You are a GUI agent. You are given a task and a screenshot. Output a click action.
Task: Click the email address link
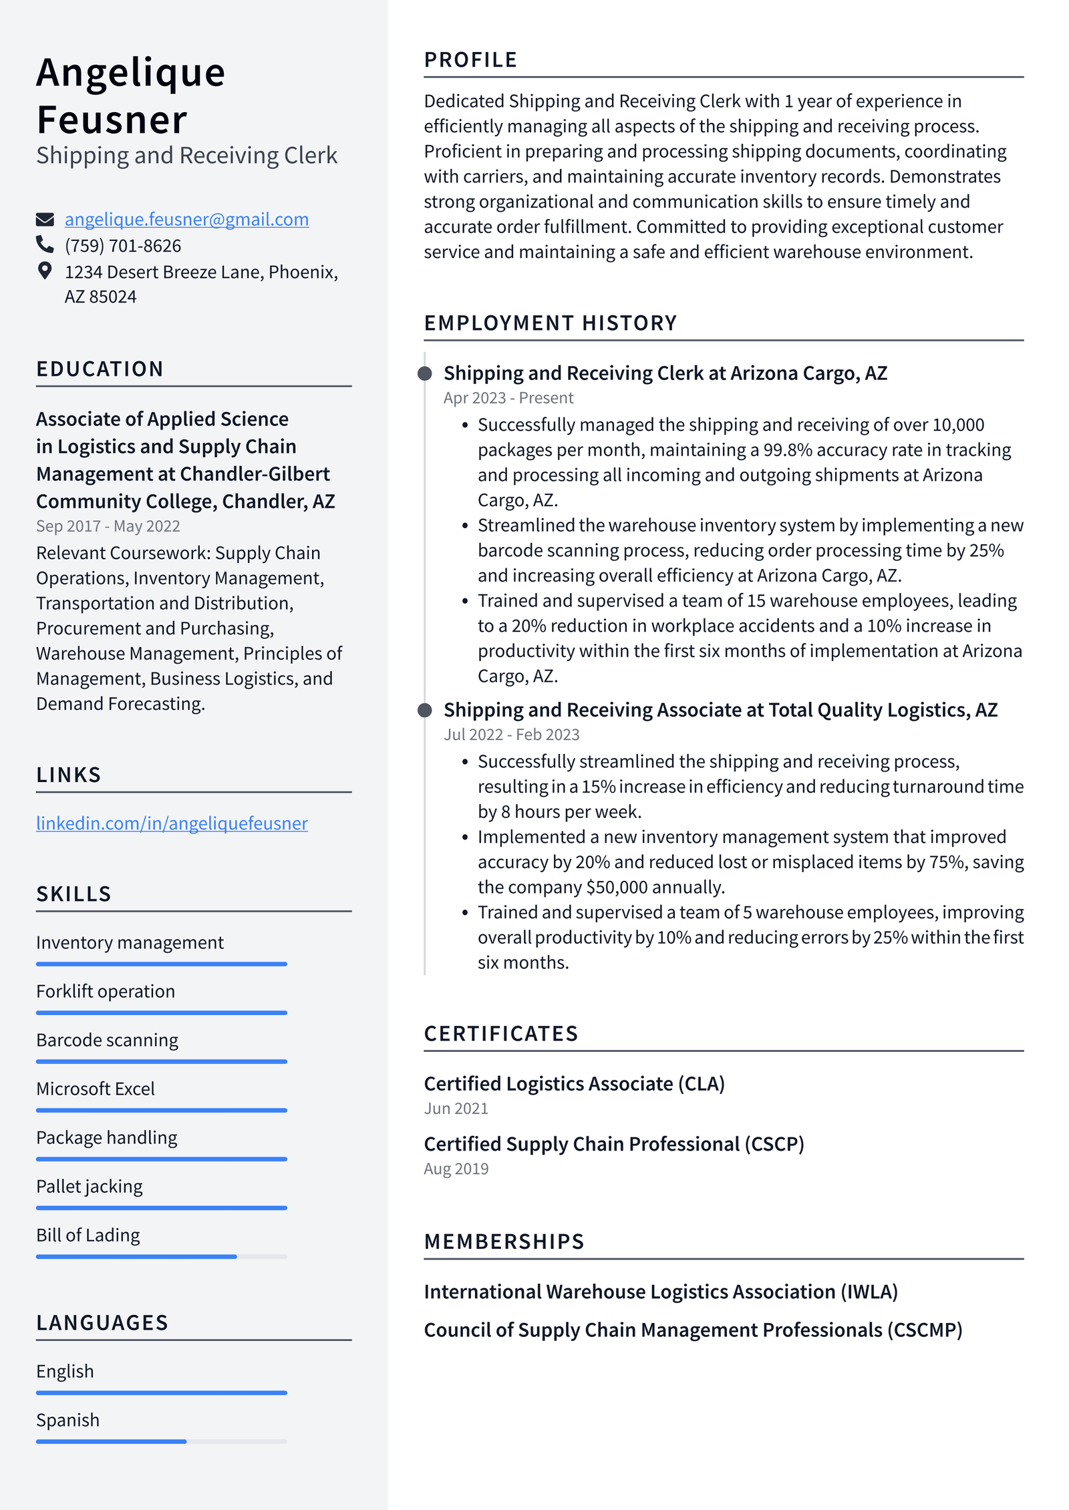pyautogui.click(x=186, y=219)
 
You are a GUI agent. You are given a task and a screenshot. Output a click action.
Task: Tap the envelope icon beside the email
pyautogui.click(x=45, y=219)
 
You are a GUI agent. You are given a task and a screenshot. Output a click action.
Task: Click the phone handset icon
pyautogui.click(x=45, y=245)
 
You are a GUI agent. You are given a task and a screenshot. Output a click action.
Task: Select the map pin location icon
pyautogui.click(x=45, y=270)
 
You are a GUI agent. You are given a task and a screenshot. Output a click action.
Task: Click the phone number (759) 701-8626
pyautogui.click(x=123, y=246)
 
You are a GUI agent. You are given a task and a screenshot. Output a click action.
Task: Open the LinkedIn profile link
pyautogui.click(x=172, y=823)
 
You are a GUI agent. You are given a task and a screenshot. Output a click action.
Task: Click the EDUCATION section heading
pyautogui.click(x=100, y=369)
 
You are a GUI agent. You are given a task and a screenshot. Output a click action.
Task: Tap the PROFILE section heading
pyautogui.click(x=470, y=60)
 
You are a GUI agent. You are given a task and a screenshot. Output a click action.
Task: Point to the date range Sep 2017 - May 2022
pyautogui.click(x=108, y=526)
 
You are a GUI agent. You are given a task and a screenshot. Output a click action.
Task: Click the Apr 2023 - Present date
pyautogui.click(x=508, y=398)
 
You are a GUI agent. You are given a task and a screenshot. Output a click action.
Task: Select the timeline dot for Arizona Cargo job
pyautogui.click(x=424, y=373)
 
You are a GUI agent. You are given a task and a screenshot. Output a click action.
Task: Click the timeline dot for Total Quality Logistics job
pyautogui.click(x=424, y=710)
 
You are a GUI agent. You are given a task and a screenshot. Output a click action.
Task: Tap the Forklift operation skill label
pyautogui.click(x=106, y=991)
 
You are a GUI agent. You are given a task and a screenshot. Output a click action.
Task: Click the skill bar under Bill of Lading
pyautogui.click(x=137, y=1257)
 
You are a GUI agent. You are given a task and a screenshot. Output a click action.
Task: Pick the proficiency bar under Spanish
pyautogui.click(x=112, y=1442)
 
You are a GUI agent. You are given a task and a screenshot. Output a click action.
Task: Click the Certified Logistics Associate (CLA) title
pyautogui.click(x=574, y=1083)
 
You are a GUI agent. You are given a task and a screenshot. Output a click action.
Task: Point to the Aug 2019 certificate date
pyautogui.click(x=456, y=1169)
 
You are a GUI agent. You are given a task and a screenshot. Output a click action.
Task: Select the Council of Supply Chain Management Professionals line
pyautogui.click(x=693, y=1330)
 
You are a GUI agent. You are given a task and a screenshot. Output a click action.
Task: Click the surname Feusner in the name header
pyautogui.click(x=112, y=120)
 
